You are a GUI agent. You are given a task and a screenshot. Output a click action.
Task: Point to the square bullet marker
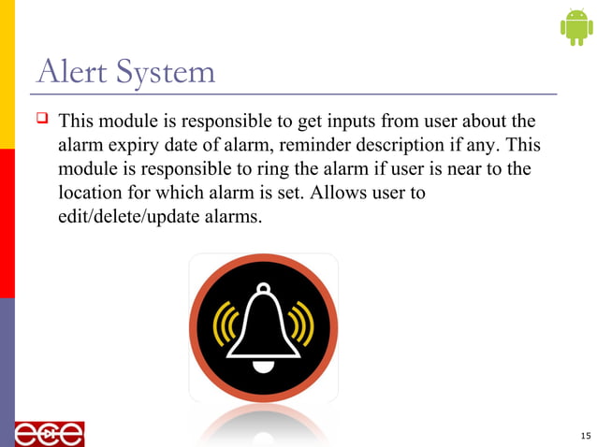click(42, 122)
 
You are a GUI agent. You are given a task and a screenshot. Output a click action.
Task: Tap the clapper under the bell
click(263, 366)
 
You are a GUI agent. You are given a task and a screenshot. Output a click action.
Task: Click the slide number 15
click(585, 436)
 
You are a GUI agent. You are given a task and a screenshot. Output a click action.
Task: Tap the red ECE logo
click(49, 434)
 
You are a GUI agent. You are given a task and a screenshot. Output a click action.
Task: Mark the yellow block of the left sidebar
click(7, 75)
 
